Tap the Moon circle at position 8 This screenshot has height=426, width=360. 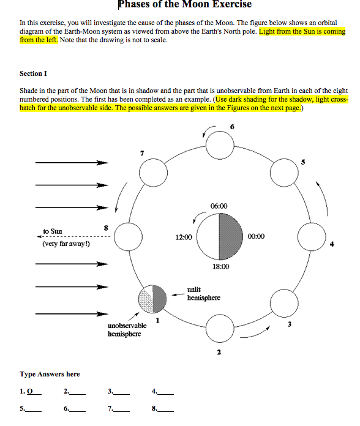coord(128,236)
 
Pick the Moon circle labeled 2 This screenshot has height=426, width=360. coord(219,327)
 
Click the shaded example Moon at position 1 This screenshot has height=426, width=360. coord(153,299)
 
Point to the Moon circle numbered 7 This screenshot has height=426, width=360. coord(155,173)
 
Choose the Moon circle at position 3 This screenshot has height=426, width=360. coord(283,301)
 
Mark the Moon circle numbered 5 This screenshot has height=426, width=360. coord(283,171)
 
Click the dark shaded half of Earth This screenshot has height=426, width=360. coord(231,236)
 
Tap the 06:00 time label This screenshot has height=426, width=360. coord(219,206)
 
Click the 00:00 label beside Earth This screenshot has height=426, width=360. coord(257,237)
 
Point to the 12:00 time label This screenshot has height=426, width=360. coord(184,237)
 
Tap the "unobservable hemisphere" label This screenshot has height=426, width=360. coord(127,330)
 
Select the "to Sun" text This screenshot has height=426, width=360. coord(53,231)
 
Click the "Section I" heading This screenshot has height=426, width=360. coord(33,73)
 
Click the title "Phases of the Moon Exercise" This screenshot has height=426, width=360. coord(184,5)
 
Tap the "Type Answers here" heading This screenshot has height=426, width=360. coord(50,374)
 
